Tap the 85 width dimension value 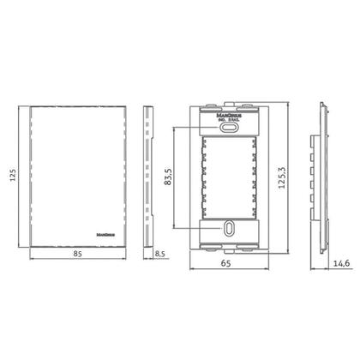(x=77, y=254)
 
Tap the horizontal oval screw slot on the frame (x=229, y=125)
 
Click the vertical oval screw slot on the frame (x=229, y=229)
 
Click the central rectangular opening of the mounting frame (x=229, y=176)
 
